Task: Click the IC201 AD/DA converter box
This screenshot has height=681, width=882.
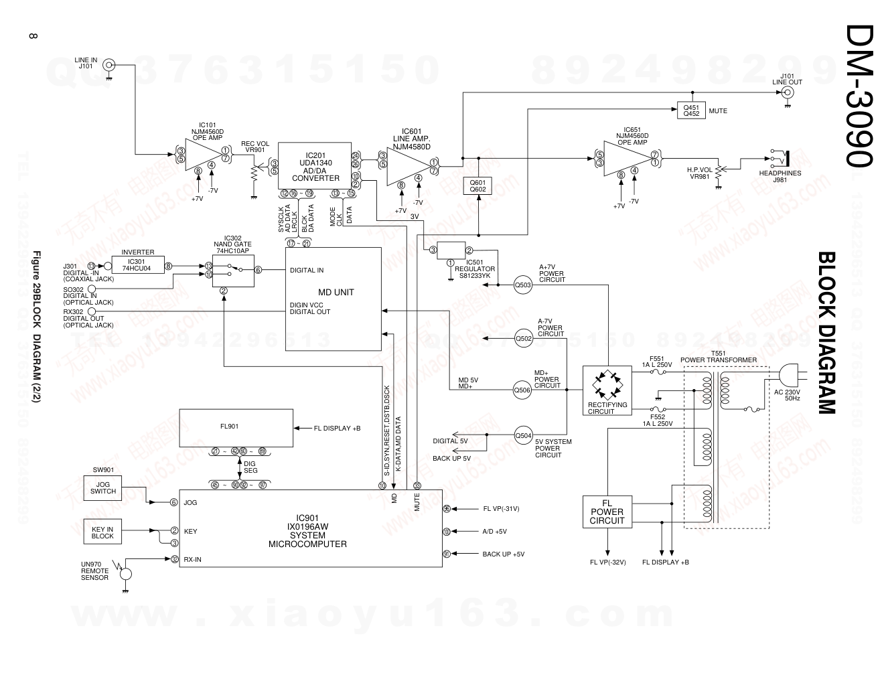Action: (x=315, y=166)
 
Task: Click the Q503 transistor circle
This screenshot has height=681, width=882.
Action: (x=522, y=285)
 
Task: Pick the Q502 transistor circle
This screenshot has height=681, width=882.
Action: (x=522, y=339)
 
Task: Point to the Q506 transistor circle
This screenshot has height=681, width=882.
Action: (x=522, y=389)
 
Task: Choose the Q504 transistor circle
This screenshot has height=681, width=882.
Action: (x=522, y=435)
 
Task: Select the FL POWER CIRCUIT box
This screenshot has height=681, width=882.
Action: (x=607, y=512)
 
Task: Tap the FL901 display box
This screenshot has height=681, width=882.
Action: (x=236, y=427)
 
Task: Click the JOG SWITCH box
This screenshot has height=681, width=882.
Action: (x=102, y=487)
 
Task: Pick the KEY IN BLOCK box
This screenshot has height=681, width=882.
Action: (x=102, y=533)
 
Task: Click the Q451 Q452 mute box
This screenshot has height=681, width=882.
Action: (x=690, y=110)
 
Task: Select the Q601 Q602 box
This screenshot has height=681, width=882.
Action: (x=478, y=185)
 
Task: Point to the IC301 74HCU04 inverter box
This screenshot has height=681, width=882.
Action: (x=137, y=265)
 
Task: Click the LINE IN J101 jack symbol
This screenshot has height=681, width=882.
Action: (x=108, y=66)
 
